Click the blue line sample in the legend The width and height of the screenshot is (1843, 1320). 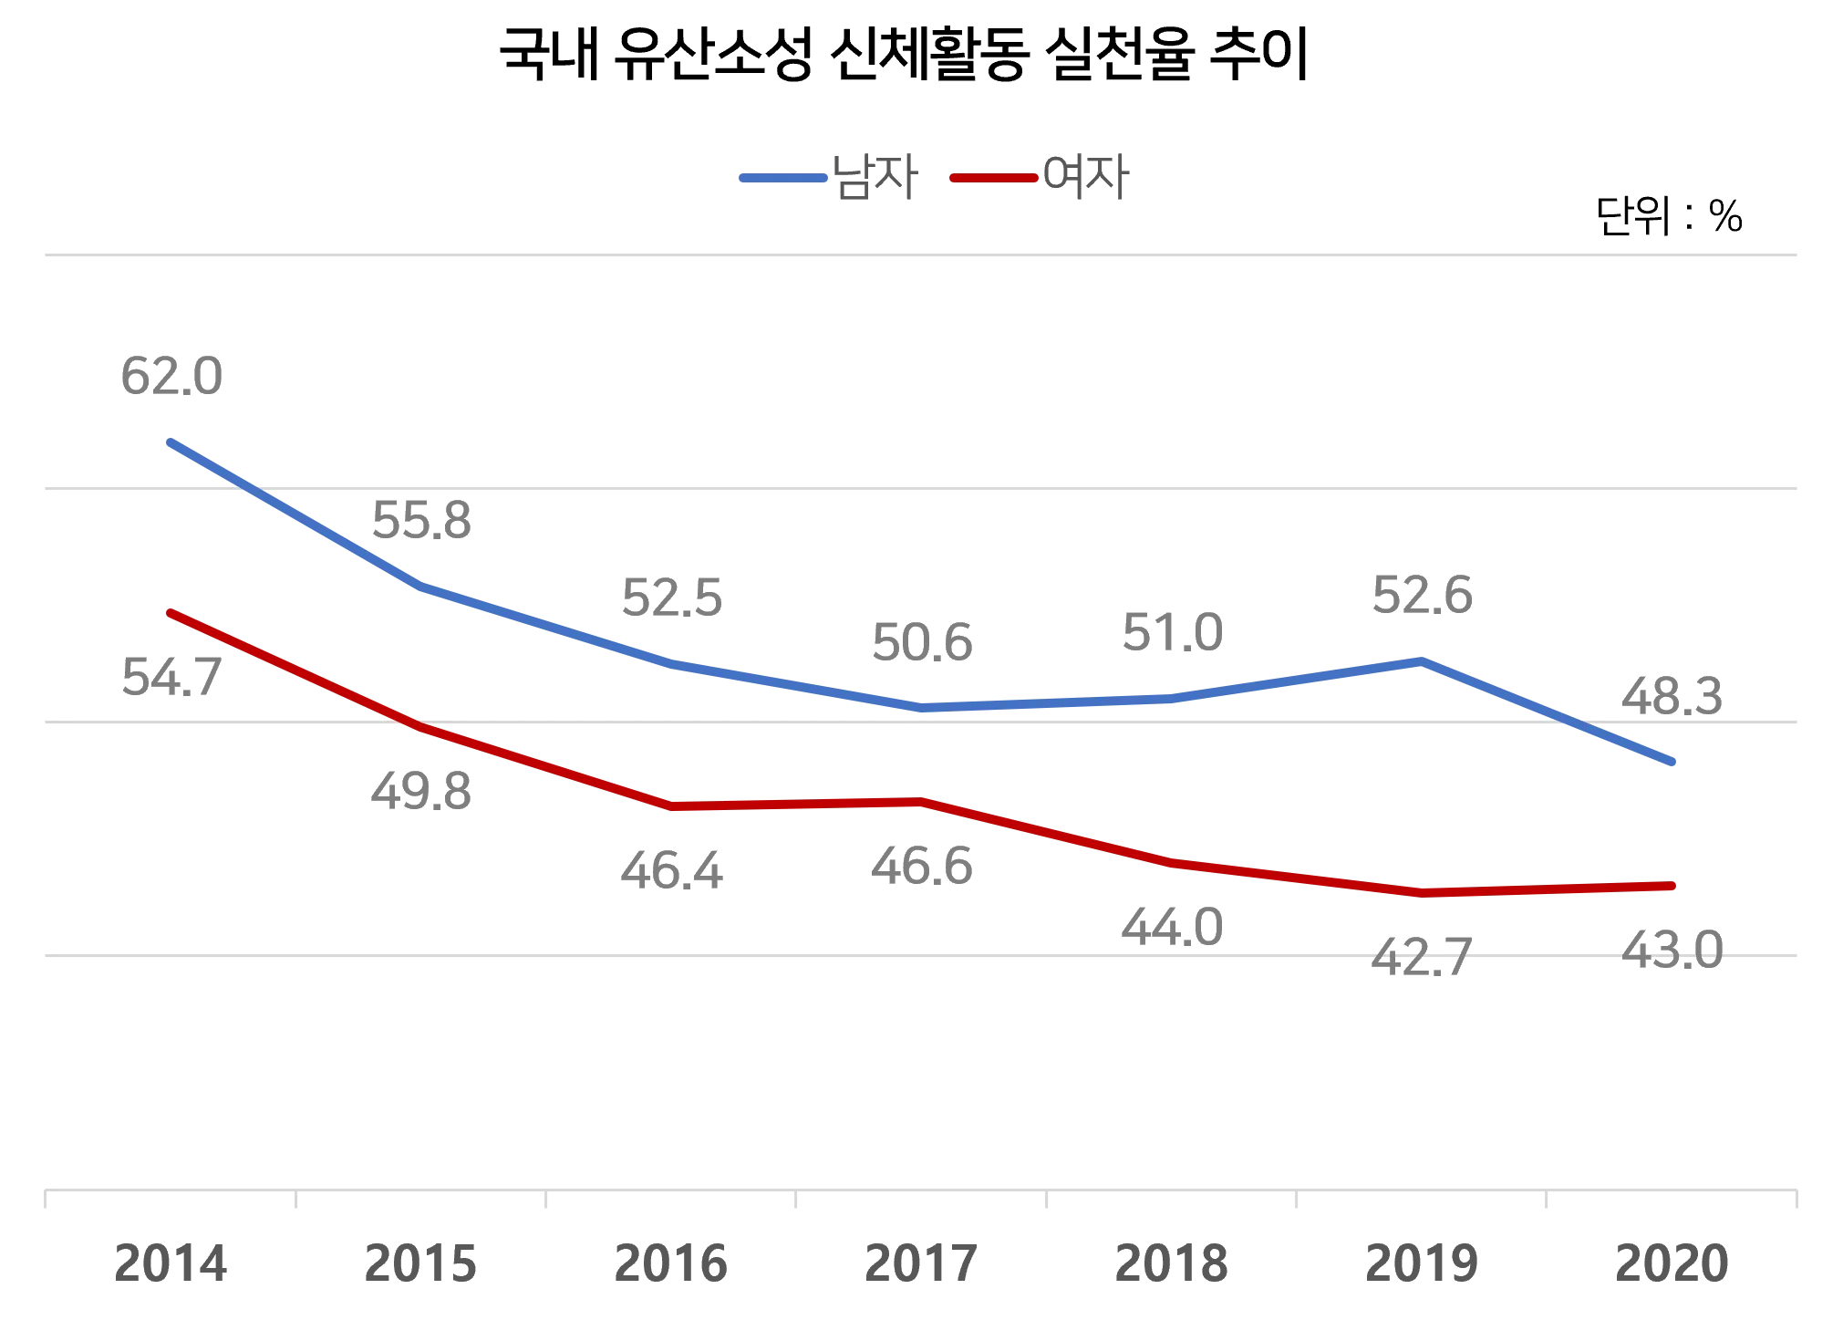(784, 178)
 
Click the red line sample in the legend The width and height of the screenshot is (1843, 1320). (994, 178)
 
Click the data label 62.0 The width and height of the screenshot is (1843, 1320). (171, 374)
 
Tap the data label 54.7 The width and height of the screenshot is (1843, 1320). (171, 681)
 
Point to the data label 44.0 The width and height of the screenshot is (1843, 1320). (1173, 929)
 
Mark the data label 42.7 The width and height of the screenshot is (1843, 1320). (1423, 958)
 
